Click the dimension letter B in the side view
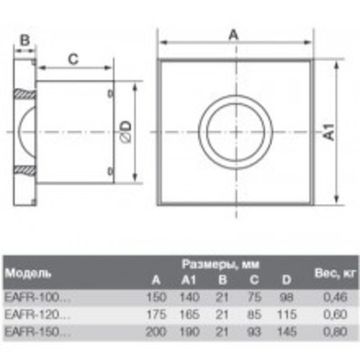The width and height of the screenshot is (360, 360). coord(25,40)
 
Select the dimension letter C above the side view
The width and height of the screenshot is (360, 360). coord(73,59)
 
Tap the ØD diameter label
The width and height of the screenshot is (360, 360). coord(126,132)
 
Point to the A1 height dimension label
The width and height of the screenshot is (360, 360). coord(329,132)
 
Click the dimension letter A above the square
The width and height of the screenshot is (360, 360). coord(234,34)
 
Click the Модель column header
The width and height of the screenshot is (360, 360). coord(28,274)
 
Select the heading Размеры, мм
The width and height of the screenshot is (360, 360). coord(221,264)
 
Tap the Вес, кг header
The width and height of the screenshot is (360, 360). coord(335,274)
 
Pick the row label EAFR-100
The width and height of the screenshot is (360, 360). coord(38,297)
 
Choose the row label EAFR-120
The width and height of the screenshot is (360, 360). coord(38,314)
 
